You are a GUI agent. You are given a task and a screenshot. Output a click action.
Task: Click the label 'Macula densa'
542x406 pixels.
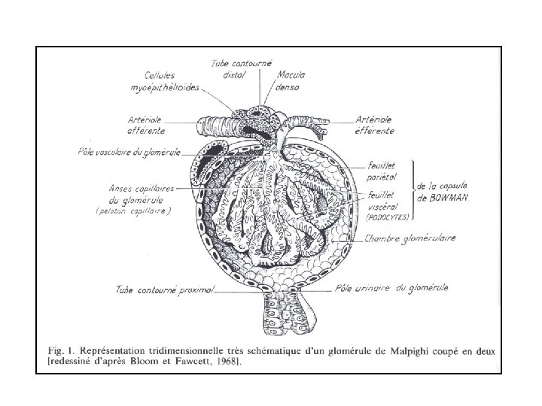[288, 81]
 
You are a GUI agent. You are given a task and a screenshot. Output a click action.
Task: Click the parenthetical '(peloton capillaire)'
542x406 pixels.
[133, 212]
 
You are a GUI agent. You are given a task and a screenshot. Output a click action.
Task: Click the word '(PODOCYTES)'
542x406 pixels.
[386, 217]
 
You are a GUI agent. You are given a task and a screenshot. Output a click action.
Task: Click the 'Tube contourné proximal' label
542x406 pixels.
[166, 289]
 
